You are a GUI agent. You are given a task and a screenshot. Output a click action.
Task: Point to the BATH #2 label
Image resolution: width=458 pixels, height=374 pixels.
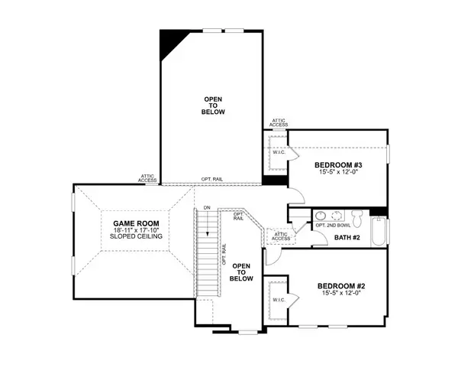(x=347, y=238)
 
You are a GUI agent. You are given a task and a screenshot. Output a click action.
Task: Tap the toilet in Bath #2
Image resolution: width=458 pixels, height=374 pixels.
(x=321, y=216)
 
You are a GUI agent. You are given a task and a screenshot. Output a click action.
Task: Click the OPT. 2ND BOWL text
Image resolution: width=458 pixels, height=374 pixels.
(x=334, y=226)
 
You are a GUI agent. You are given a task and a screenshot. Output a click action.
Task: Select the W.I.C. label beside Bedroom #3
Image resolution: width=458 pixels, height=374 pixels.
(x=278, y=151)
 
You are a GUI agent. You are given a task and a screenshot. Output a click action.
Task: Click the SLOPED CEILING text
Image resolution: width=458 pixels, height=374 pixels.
(x=127, y=238)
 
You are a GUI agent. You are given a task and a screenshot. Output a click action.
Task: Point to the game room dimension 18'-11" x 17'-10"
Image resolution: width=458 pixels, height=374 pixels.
(x=127, y=230)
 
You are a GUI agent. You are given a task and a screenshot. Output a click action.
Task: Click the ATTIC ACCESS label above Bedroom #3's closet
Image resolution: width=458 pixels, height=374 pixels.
(x=279, y=122)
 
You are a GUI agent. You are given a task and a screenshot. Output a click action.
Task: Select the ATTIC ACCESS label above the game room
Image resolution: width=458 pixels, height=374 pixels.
(x=147, y=178)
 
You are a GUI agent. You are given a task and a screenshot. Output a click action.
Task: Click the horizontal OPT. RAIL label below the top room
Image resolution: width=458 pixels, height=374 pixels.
(x=211, y=180)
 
